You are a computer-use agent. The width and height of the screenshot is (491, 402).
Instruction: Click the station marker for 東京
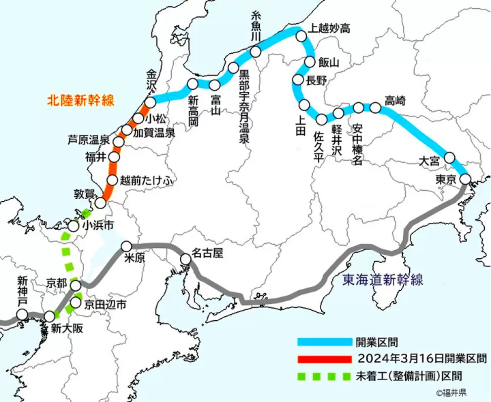click(x=465, y=179)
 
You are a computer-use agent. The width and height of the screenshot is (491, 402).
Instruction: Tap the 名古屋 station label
click(x=208, y=253)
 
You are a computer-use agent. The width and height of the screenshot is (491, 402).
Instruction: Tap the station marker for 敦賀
click(x=100, y=202)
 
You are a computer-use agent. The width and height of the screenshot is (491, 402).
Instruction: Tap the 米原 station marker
click(x=126, y=246)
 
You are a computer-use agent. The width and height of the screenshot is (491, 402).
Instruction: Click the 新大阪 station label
click(x=65, y=328)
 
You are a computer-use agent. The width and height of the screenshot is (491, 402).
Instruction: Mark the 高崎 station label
click(x=395, y=101)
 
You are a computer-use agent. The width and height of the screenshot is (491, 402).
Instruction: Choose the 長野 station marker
click(x=297, y=80)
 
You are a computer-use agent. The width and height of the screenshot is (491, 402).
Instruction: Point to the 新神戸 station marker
click(x=23, y=314)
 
